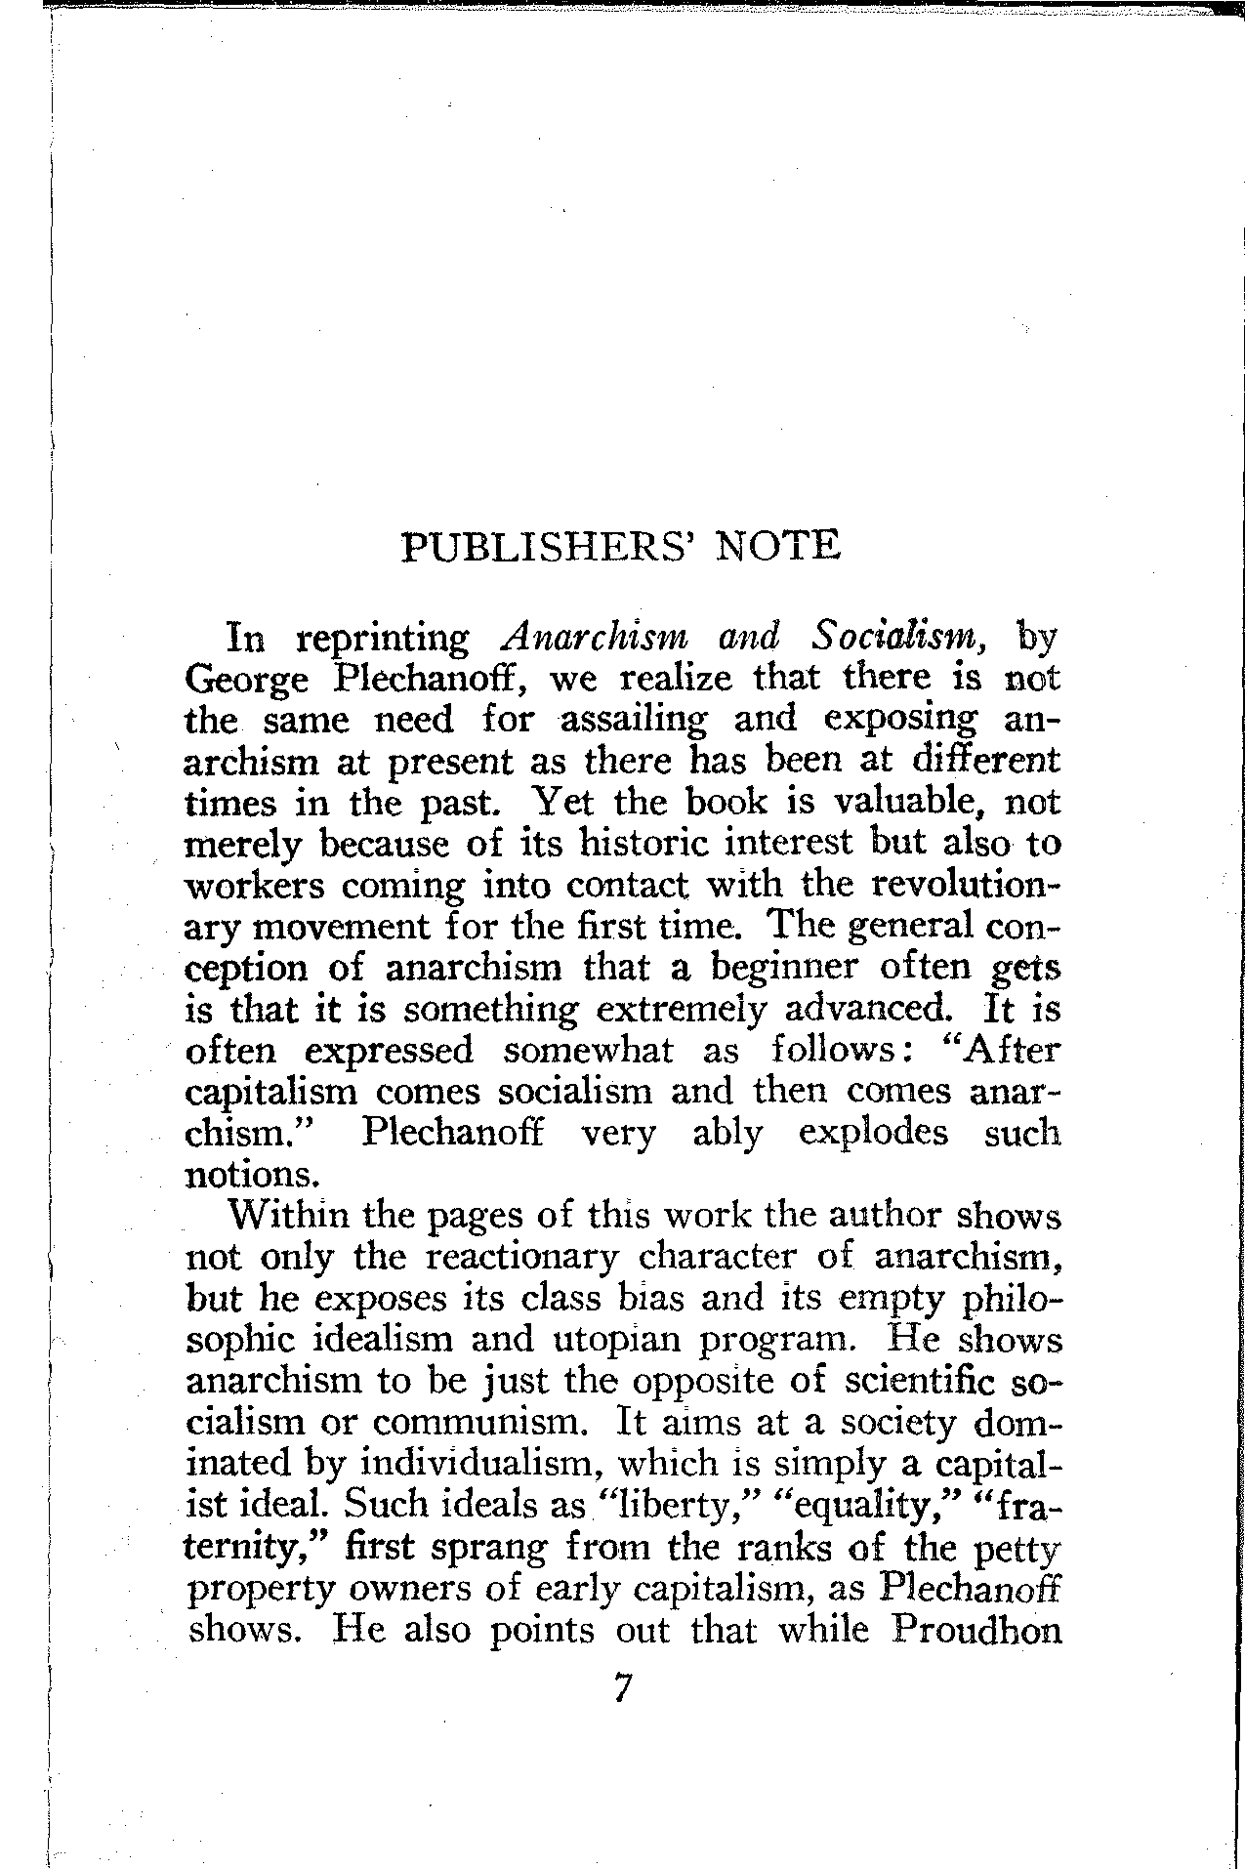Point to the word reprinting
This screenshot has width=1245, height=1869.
[384, 640]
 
